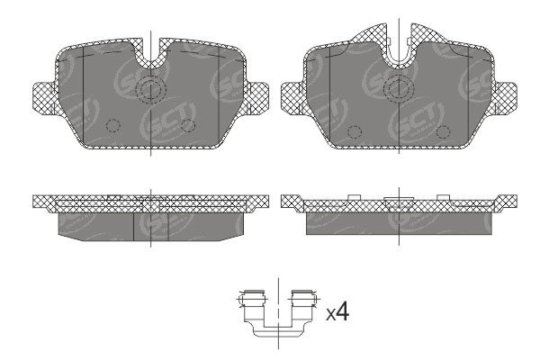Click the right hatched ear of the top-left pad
(256, 94)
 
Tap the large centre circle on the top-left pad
(151, 89)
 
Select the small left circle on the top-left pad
(112, 126)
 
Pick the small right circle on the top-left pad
(188, 125)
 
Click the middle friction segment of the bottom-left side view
(151, 225)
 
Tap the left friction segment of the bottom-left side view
(94, 224)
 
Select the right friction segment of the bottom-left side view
(207, 224)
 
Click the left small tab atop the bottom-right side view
(354, 196)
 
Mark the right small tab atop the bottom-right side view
(443, 196)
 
